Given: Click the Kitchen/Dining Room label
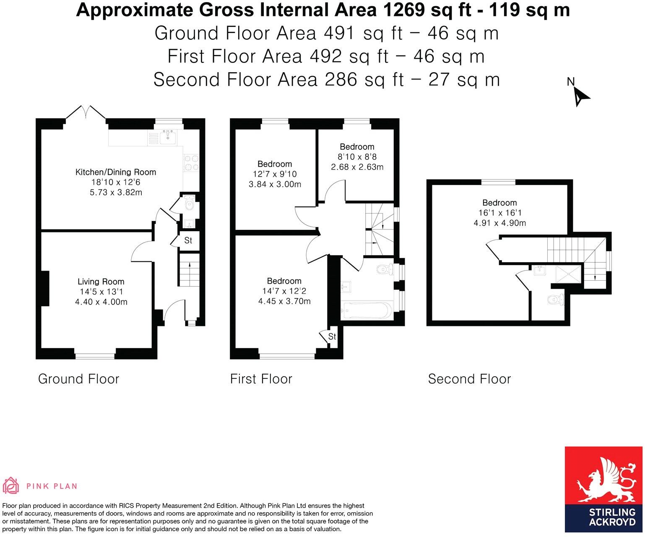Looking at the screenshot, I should click(115, 172).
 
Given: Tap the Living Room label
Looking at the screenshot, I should click(101, 282).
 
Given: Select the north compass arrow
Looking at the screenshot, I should click(580, 97).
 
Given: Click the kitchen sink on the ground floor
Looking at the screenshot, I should click(169, 137).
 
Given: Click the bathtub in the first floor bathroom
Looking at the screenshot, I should click(366, 311).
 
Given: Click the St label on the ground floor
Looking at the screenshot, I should click(188, 240).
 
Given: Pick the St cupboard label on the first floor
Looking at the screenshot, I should click(332, 336).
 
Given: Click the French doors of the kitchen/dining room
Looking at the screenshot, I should click(86, 112).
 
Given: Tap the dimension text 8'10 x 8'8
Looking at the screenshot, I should click(357, 157).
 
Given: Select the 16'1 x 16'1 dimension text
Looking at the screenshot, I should click(499, 213).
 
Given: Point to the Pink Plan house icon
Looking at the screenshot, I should click(11, 486).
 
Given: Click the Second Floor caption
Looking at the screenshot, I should click(469, 379).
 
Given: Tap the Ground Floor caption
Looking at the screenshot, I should click(79, 379).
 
